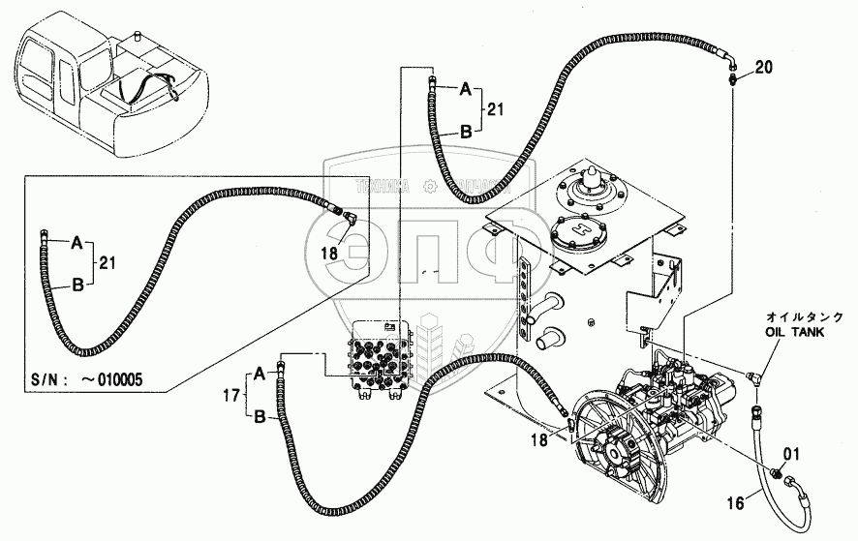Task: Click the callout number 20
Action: (x=764, y=68)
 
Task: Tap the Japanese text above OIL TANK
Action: (x=804, y=316)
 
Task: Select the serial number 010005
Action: (x=115, y=380)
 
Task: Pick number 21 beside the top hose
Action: (x=495, y=110)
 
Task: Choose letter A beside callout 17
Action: (x=260, y=373)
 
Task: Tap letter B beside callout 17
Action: (x=260, y=416)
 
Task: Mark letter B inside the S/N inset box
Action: (x=77, y=285)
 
